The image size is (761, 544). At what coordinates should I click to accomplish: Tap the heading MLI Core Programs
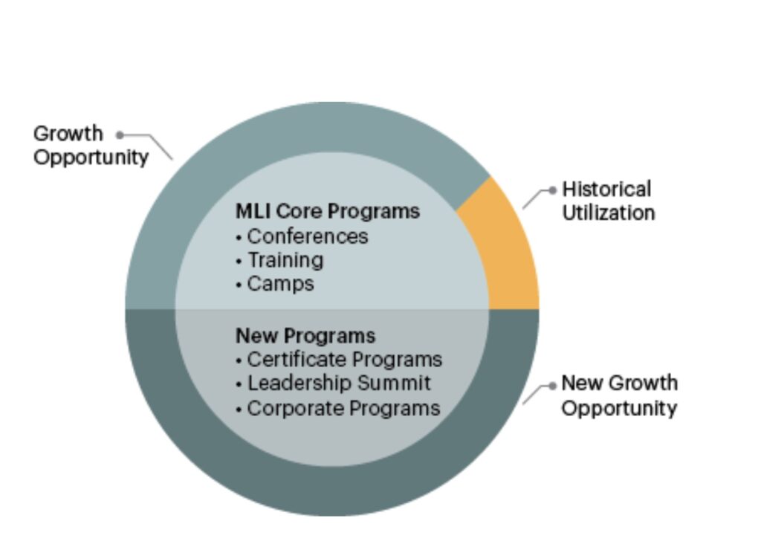pos(328,212)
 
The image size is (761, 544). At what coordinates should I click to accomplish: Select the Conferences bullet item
pos(302,236)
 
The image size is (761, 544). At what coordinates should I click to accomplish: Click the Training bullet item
pos(279,260)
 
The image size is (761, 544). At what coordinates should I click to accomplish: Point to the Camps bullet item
pos(275,284)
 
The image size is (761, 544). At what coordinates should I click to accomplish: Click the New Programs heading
pos(305,336)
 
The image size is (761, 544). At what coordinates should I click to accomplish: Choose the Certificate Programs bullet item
pos(339,360)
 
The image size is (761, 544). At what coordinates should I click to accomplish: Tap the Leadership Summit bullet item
pos(334,383)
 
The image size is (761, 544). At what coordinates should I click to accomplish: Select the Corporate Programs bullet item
pos(338,408)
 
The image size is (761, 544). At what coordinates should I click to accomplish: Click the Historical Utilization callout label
pos(609,201)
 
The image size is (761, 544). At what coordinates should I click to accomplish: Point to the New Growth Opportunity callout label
pos(619,395)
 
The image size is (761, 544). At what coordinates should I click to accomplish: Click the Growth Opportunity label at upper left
pos(91,145)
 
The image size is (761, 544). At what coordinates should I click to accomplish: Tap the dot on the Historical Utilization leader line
pos(552,190)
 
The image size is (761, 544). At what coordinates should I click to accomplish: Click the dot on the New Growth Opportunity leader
pos(552,386)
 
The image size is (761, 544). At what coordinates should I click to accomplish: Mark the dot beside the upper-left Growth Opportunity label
pos(120,135)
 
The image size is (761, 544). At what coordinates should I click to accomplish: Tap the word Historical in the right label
pos(606,190)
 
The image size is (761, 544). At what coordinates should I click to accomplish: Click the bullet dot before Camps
pos(239,285)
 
